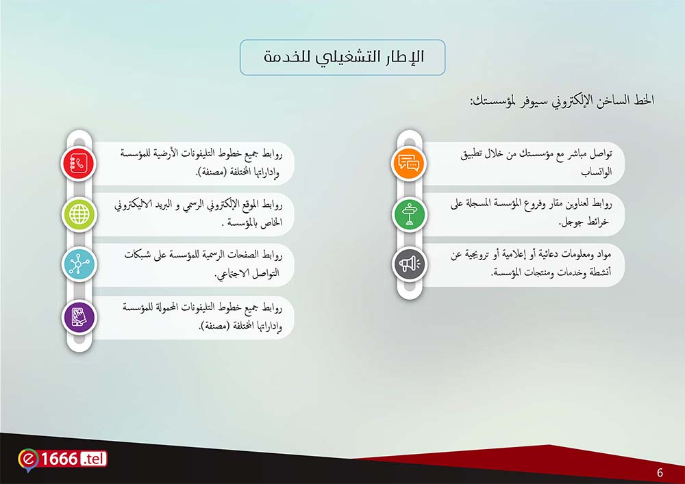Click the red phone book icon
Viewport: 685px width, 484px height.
pyautogui.click(x=78, y=164)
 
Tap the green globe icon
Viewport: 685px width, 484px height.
pyautogui.click(x=79, y=214)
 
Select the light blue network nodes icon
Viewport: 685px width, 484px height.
pyautogui.click(x=79, y=264)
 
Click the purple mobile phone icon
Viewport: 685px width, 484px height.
pyautogui.click(x=79, y=317)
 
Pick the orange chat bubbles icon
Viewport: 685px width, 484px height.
pyautogui.click(x=409, y=164)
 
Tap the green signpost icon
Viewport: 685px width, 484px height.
pyautogui.click(x=409, y=214)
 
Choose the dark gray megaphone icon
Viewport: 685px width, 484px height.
pyautogui.click(x=409, y=264)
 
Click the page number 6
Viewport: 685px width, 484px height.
pyautogui.click(x=660, y=472)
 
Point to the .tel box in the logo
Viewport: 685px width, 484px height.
pyautogui.click(x=93, y=459)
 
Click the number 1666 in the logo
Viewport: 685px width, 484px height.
pyautogui.click(x=59, y=459)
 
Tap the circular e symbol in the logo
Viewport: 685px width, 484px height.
pyautogui.click(x=28, y=460)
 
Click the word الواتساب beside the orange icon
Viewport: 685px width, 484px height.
pyautogui.click(x=596, y=172)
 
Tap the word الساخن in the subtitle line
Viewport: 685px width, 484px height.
pyautogui.click(x=612, y=101)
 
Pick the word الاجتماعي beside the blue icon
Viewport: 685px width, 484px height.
pyautogui.click(x=234, y=274)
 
